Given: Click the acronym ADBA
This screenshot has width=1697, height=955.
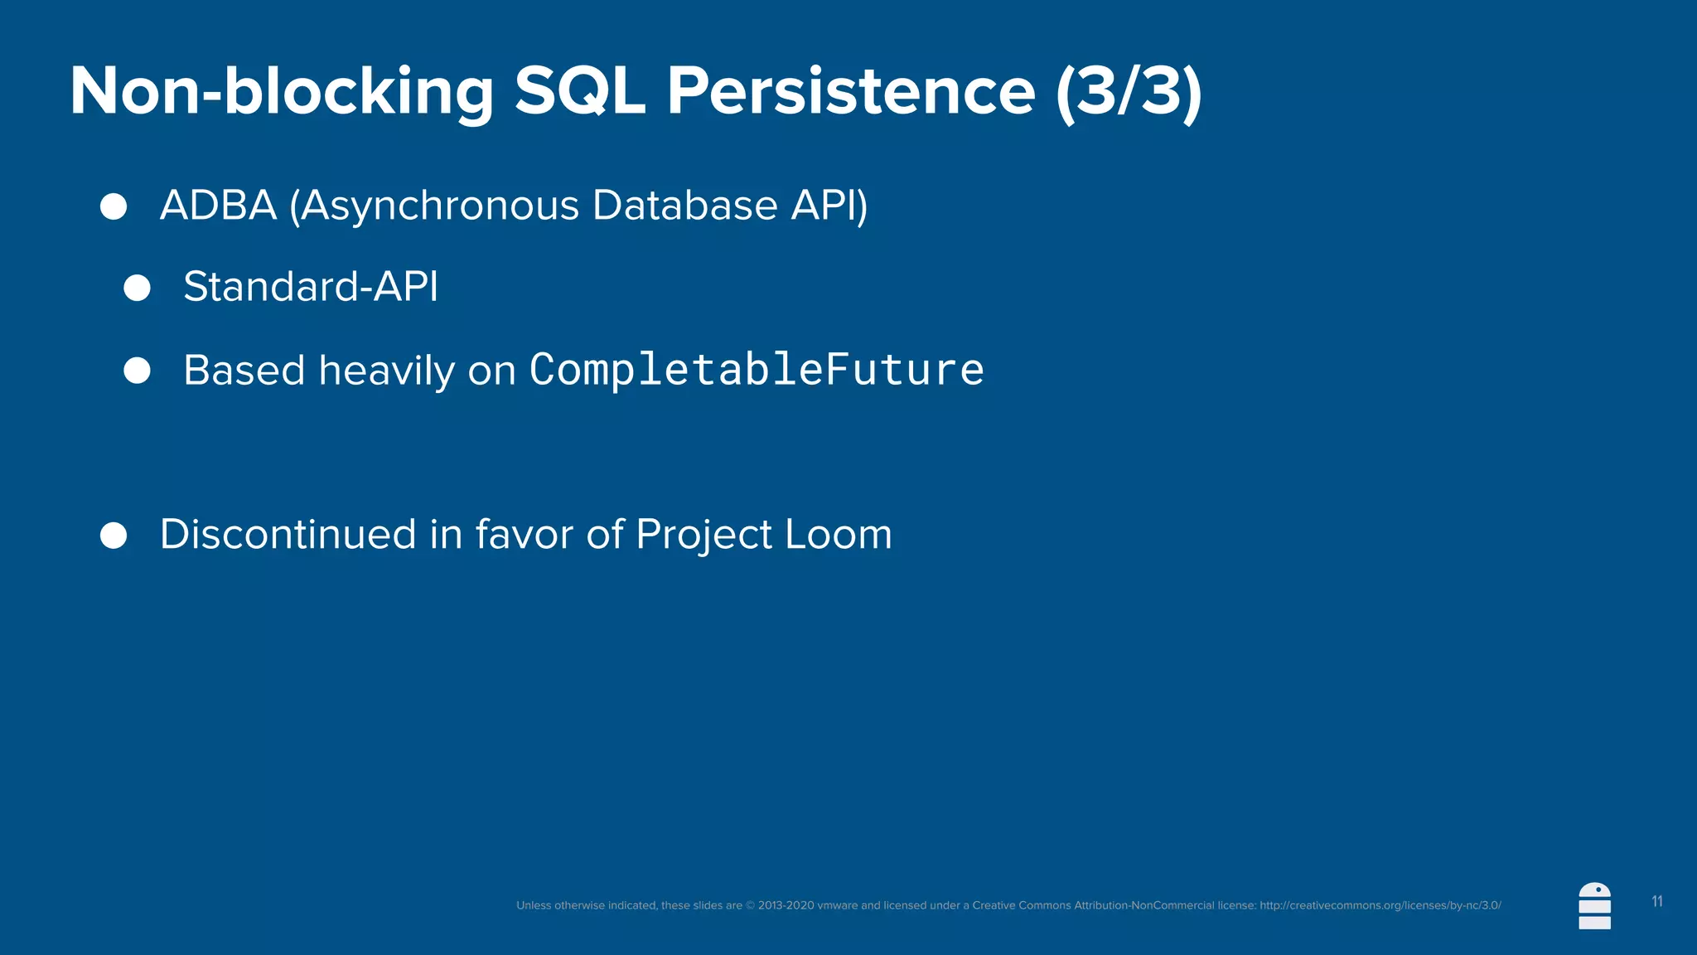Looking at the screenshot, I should (x=218, y=206).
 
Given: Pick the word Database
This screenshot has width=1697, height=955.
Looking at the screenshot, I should (x=684, y=206).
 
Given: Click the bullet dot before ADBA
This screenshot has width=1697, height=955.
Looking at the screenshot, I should (x=114, y=206).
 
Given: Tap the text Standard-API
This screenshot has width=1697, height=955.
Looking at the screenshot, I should (x=311, y=287).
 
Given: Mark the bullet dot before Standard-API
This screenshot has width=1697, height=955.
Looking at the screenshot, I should (x=137, y=288).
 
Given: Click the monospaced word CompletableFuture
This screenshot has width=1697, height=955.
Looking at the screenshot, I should (x=757, y=370).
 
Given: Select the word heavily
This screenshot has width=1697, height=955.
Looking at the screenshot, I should (x=387, y=371).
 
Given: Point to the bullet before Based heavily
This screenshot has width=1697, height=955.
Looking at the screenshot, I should (x=137, y=371).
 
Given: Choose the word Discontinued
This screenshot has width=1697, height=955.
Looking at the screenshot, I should (x=288, y=534).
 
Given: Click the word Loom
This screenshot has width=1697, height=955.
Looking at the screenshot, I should (x=838, y=534).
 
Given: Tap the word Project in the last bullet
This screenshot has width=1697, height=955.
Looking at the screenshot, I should (x=703, y=536).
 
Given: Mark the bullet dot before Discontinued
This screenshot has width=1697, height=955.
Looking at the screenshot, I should (x=114, y=536).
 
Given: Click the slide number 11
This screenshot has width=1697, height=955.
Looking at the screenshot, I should (x=1656, y=902).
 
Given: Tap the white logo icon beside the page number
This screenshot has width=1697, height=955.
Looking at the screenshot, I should (x=1594, y=906).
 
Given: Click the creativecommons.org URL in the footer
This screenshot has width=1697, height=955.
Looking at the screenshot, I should (x=1380, y=905).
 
